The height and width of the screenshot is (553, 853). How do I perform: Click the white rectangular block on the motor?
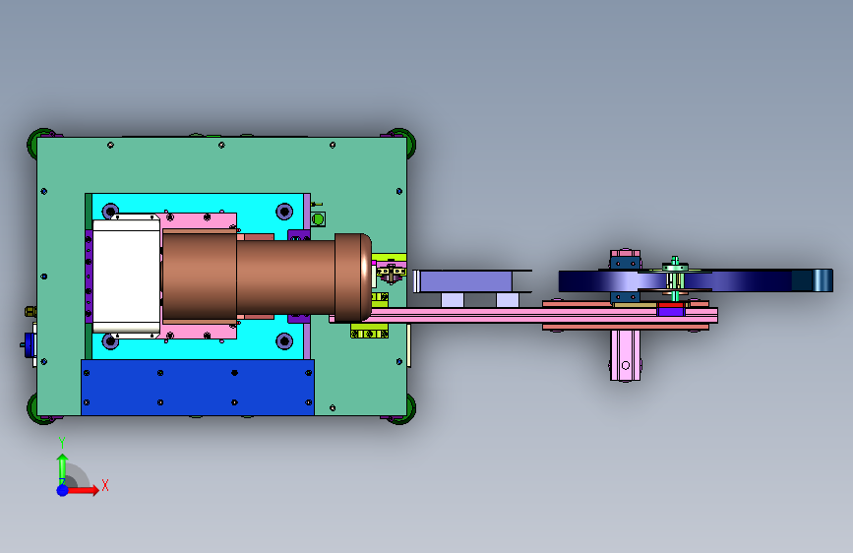click(126, 276)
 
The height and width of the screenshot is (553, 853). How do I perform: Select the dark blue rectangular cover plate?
click(198, 387)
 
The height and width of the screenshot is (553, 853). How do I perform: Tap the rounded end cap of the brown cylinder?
click(353, 277)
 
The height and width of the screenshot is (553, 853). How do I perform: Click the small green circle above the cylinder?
click(318, 218)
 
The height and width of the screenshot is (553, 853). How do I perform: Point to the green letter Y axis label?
click(62, 443)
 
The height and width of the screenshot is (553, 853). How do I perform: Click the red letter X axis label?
click(105, 485)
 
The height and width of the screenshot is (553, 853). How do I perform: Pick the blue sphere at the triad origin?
click(63, 490)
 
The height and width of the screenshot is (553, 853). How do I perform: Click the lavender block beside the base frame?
click(466, 281)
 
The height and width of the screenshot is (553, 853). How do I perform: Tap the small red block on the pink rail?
click(671, 306)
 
